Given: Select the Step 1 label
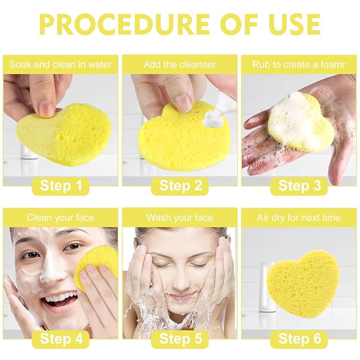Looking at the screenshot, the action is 61,186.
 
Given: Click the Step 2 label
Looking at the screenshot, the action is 180,186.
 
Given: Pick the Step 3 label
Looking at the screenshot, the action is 299,186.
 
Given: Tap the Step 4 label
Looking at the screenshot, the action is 61,339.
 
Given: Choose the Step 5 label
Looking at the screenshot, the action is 180,339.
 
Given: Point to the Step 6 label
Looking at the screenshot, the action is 299,339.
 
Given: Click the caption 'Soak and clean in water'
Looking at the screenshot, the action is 60,65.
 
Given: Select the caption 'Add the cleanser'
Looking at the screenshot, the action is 180,65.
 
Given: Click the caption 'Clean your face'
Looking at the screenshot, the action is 60,218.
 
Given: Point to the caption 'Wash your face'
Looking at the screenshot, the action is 180,218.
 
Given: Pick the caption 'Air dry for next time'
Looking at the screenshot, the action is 298,218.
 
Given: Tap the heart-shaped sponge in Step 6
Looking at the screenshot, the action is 300,284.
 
